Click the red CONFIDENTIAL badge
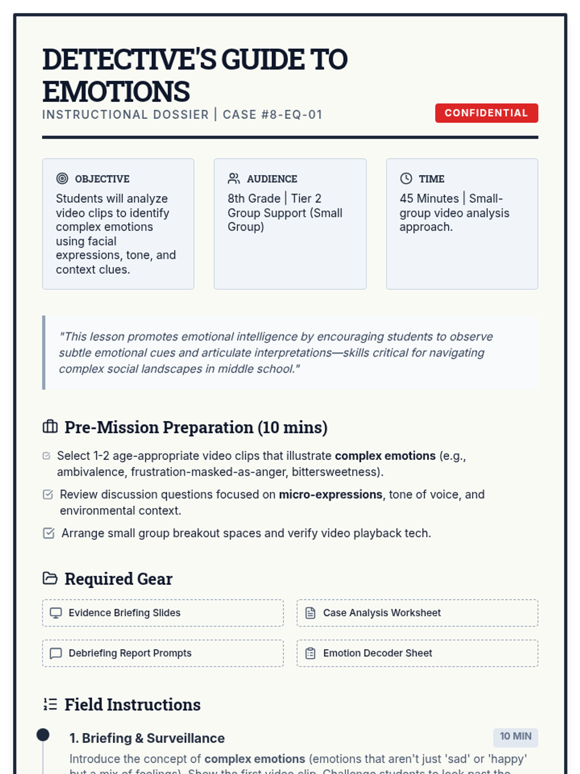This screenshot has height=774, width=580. click(486, 113)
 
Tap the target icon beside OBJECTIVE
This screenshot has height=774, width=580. click(62, 179)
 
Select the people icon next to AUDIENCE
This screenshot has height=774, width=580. click(234, 179)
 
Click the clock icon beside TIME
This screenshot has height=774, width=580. click(406, 179)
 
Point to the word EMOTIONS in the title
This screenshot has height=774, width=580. click(116, 91)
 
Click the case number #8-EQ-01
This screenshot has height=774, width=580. click(272, 115)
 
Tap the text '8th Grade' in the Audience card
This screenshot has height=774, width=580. click(254, 198)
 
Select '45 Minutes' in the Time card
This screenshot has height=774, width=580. click(429, 198)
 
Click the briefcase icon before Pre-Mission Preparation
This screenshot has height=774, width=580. click(50, 427)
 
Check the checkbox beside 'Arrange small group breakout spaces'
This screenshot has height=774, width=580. click(49, 533)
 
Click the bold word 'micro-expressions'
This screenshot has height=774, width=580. click(331, 494)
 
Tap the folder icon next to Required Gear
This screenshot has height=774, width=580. click(50, 578)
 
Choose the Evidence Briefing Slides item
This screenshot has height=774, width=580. click(162, 613)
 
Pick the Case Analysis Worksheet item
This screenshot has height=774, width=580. click(417, 613)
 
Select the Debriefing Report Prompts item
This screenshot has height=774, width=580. click(162, 653)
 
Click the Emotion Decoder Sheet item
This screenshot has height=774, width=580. click(417, 653)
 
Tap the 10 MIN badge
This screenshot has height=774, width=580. click(515, 736)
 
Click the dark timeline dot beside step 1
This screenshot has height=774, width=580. click(43, 735)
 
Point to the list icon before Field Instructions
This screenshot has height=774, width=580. click(50, 704)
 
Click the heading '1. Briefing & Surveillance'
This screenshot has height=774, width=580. click(147, 738)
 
